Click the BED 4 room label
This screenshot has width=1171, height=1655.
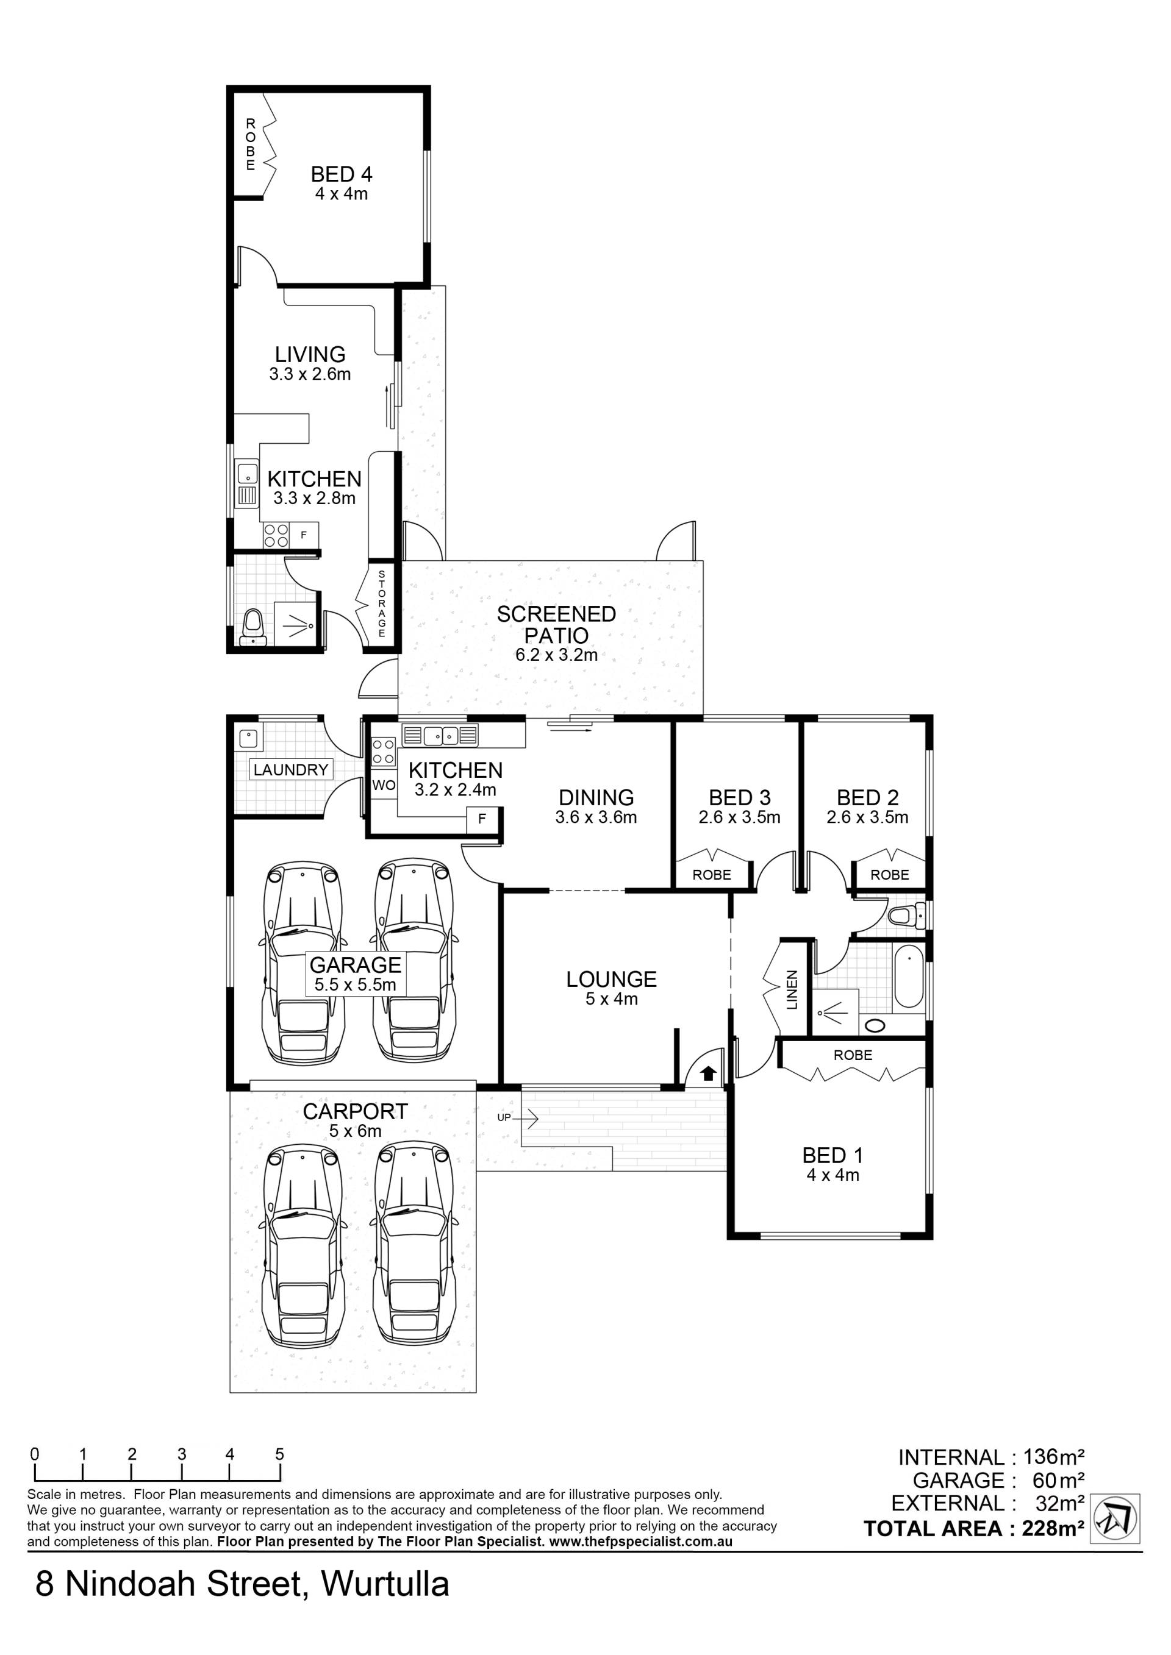click(341, 174)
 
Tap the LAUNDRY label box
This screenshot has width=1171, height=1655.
click(290, 770)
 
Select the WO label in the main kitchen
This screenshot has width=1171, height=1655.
click(384, 785)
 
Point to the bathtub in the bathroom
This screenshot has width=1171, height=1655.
click(909, 976)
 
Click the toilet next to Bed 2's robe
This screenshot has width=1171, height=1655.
click(906, 916)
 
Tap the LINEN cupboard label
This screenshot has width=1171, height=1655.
click(792, 990)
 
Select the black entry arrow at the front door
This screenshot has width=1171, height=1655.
click(707, 1073)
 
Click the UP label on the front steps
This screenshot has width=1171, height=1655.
click(504, 1117)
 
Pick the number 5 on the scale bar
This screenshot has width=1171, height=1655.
click(279, 1454)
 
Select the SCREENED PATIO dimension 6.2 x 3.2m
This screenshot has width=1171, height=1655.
click(556, 655)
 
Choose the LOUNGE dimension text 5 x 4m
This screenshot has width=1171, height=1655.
click(612, 999)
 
